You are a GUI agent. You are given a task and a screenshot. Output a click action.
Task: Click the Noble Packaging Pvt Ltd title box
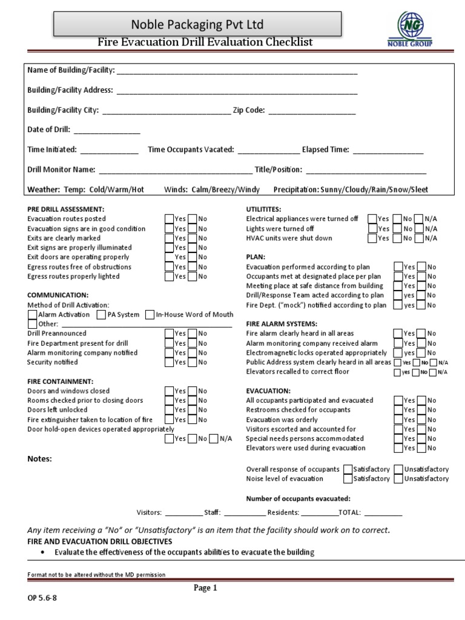198,25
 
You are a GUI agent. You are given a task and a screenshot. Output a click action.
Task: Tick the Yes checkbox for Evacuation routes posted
170,219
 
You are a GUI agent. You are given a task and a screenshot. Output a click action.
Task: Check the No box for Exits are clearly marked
192,238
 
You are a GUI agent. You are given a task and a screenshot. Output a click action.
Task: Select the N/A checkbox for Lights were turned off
418,229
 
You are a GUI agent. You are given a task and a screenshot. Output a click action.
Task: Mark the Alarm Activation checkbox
33,315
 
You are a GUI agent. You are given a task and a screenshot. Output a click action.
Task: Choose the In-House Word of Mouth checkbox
150,315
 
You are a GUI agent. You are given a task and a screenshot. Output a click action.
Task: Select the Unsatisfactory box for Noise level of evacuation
398,479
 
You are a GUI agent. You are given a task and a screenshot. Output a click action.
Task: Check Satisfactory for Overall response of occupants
348,469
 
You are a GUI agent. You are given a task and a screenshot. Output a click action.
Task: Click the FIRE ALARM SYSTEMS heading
282,324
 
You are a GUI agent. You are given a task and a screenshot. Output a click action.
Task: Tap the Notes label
39,459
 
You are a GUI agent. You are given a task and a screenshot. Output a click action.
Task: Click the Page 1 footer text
205,588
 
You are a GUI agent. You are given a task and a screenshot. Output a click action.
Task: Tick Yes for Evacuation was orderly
398,420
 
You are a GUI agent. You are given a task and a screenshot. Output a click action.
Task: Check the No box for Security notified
192,362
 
